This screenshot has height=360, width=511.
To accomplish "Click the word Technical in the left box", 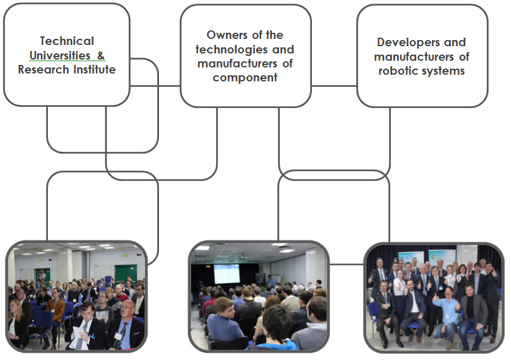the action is pyautogui.click(x=67, y=41).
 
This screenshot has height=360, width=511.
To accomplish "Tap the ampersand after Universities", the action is pyautogui.click(x=101, y=55).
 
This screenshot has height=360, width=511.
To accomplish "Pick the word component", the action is pyautogui.click(x=245, y=78).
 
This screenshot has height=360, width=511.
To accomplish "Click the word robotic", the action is pyautogui.click(x=394, y=71).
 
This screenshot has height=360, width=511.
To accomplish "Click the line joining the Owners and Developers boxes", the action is pyautogui.click(x=334, y=86).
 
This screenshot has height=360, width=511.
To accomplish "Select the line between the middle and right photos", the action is pyautogui.click(x=347, y=264).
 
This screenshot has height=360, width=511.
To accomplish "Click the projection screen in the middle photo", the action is pyautogui.click(x=227, y=274).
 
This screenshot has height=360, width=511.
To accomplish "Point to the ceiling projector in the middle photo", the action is pyautogui.click(x=243, y=257).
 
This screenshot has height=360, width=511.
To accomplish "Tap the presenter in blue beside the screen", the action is pyautogui.click(x=271, y=280).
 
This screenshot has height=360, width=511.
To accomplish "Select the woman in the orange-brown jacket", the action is pyautogui.click(x=55, y=311).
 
